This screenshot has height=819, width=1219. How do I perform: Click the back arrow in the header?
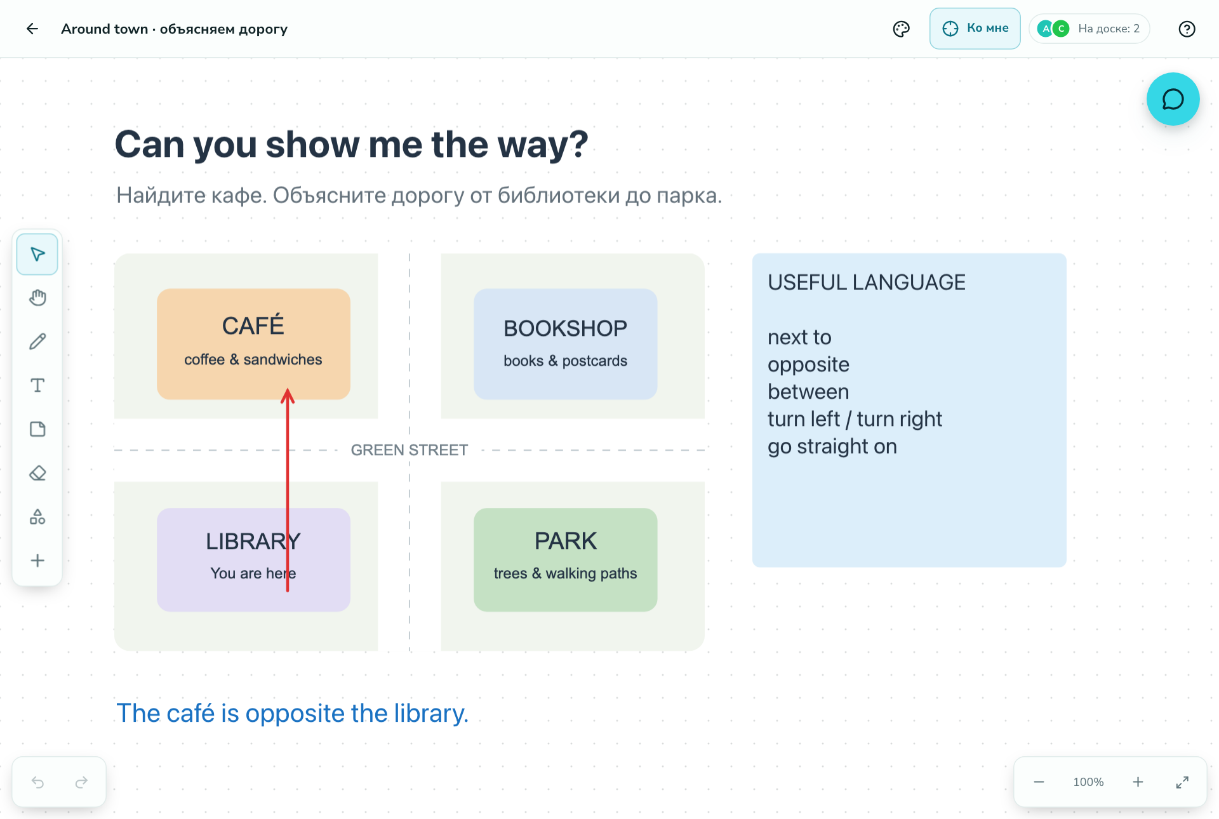(32, 29)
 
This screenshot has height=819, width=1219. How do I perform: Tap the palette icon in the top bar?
(901, 29)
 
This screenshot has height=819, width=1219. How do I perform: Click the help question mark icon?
(1187, 29)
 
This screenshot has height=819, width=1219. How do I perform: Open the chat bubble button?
(1173, 99)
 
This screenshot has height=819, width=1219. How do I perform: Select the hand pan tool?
(37, 298)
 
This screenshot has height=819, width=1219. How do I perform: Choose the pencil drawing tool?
(37, 342)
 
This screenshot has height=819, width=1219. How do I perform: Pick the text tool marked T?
(37, 385)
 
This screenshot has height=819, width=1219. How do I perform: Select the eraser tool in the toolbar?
(37, 473)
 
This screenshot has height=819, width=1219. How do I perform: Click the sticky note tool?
(37, 429)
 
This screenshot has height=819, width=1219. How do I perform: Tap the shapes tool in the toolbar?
(37, 517)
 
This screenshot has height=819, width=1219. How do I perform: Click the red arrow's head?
(288, 395)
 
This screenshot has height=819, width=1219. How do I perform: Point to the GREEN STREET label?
(410, 450)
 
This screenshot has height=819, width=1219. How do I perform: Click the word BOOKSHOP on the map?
(565, 328)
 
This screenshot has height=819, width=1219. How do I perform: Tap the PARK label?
(566, 541)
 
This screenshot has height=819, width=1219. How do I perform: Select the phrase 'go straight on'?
(832, 446)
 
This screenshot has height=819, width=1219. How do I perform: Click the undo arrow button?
(37, 782)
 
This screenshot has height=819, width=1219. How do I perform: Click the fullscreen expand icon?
(1182, 782)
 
